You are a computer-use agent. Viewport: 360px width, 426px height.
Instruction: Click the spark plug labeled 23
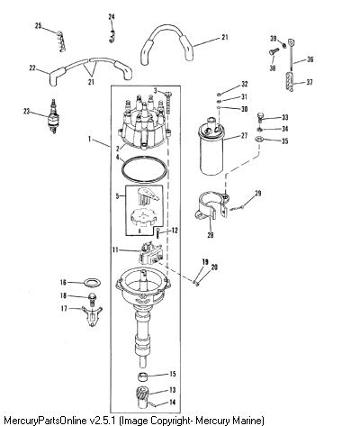(53, 117)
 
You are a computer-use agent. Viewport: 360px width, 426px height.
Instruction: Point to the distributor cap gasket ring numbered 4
(144, 170)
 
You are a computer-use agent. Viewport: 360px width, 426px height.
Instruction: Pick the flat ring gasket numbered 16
(92, 282)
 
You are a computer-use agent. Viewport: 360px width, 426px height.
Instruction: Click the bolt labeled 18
(92, 299)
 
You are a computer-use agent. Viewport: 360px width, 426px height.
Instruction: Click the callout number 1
(89, 139)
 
